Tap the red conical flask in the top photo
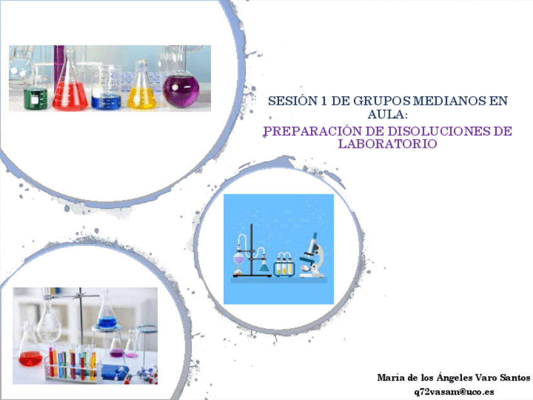click(x=69, y=91)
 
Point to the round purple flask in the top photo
click(x=182, y=89)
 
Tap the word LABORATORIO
click(x=387, y=144)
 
